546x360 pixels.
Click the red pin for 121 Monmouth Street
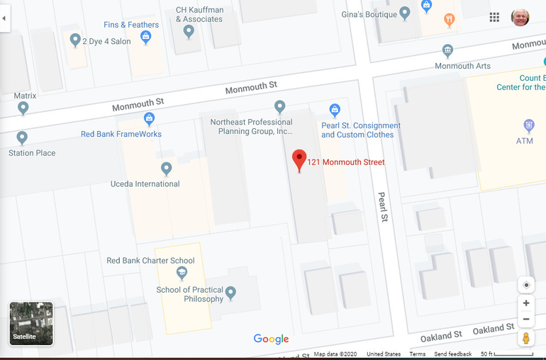click(x=299, y=160)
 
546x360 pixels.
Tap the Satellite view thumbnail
click(x=31, y=324)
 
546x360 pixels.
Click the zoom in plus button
click(x=525, y=303)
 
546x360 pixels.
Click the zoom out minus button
click(x=525, y=320)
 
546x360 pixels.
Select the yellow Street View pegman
click(x=525, y=338)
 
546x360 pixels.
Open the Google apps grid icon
click(x=494, y=18)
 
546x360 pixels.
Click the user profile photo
click(x=520, y=18)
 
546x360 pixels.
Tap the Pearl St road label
click(x=383, y=207)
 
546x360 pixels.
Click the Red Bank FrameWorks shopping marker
click(x=149, y=119)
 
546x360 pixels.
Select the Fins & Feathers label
click(x=131, y=25)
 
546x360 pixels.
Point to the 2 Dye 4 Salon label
click(x=106, y=42)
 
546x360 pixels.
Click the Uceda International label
click(x=145, y=184)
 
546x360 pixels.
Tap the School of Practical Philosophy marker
click(x=230, y=292)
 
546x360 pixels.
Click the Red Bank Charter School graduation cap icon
click(x=182, y=273)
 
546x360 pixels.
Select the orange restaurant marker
click(x=449, y=20)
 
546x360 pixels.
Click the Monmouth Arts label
click(x=462, y=67)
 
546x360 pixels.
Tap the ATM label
click(x=525, y=141)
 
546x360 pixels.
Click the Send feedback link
click(x=452, y=354)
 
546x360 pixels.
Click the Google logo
click(x=271, y=339)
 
